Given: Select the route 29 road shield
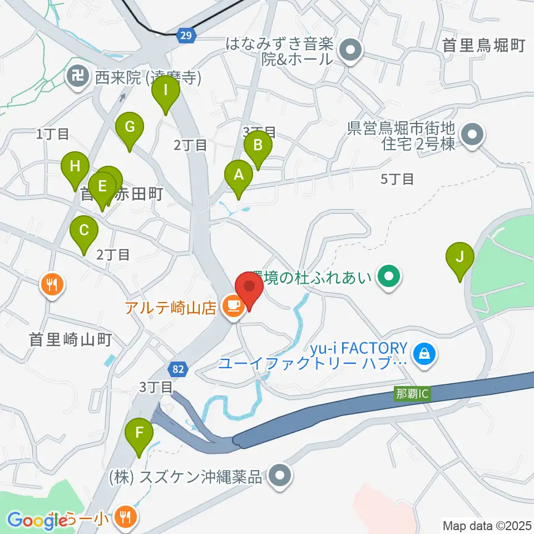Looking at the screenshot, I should click(x=187, y=36).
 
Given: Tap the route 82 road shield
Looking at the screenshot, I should click(x=178, y=369).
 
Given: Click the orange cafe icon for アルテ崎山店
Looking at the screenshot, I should click(x=233, y=305).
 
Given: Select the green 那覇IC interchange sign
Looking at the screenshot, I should click(x=412, y=393).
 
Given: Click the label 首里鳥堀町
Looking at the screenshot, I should click(x=483, y=46).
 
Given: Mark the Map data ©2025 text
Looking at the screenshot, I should click(x=487, y=525).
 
